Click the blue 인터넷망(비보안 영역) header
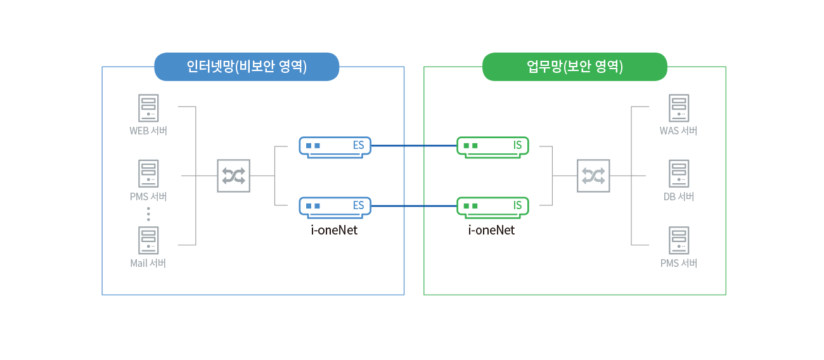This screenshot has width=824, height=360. coord(247,67)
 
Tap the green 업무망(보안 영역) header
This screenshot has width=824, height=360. coord(575,67)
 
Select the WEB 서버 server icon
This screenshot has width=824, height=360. coord(148,108)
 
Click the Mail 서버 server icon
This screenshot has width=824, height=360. coord(148,240)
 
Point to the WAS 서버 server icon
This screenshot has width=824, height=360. coord(679,108)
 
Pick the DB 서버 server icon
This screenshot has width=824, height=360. coord(679,174)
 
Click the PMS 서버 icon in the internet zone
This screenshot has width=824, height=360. coord(148,174)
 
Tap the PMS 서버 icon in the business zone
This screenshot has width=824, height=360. coord(679,240)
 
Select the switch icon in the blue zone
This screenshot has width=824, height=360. coord(234,176)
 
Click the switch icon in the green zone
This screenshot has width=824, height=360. coord(593,176)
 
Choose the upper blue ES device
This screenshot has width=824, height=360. coord(335,147)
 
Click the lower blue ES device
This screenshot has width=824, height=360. coord(335,207)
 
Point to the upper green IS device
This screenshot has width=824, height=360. coord(492,147)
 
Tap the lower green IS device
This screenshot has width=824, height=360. coord(492,207)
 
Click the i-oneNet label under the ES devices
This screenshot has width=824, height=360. coord(334,230)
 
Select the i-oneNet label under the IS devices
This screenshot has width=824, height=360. coord(491,230)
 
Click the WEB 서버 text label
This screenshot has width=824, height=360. coord(148,131)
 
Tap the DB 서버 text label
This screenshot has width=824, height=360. coord(679,196)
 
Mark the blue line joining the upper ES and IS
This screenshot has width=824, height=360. coord(414,146)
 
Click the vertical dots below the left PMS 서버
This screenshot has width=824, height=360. coord(148,214)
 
